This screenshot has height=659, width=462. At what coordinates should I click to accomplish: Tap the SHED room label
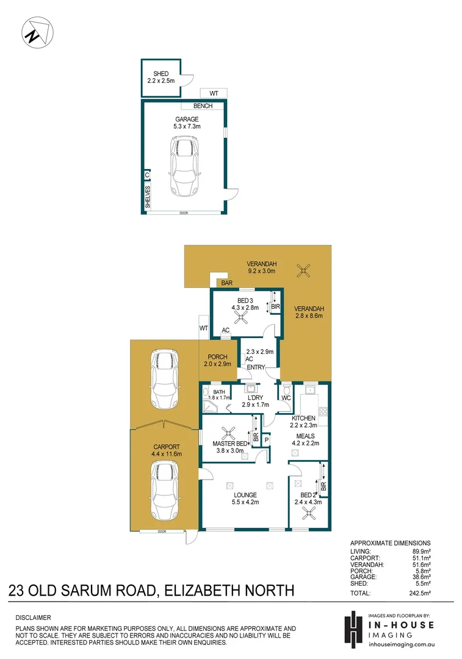pos(161,74)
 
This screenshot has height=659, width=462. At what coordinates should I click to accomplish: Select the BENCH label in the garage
pos(203,106)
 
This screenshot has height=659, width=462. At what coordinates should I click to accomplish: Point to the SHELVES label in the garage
pos(148,198)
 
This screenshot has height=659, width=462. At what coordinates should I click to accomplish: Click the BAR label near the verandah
pos(227,283)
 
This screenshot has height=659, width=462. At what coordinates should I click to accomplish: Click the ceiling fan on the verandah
pos(303,270)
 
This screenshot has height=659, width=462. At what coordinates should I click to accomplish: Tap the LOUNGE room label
pos(244,495)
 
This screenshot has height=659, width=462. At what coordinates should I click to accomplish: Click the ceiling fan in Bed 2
pos(306,514)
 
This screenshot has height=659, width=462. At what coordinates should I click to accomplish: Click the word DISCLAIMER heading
pos(33,618)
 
